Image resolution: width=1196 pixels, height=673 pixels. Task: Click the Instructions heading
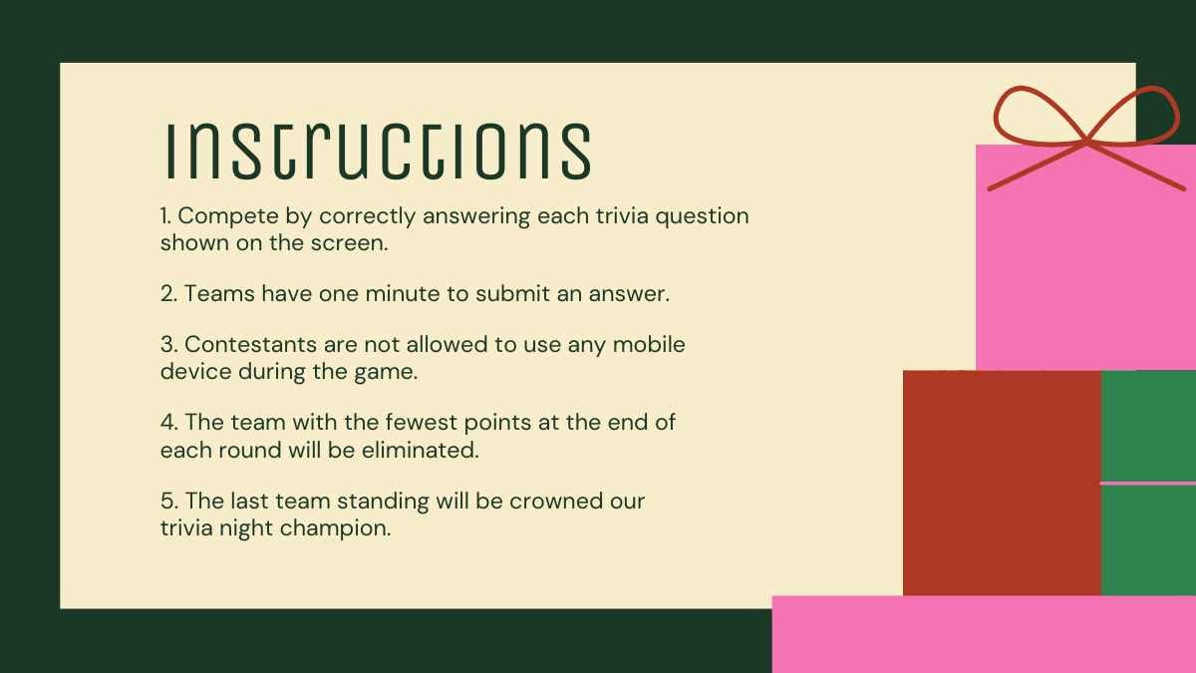pyautogui.click(x=377, y=151)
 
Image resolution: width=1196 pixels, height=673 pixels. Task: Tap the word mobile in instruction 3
pyautogui.click(x=649, y=344)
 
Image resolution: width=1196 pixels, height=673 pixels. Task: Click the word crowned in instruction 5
pyautogui.click(x=558, y=500)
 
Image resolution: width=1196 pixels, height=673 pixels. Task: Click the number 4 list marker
pyautogui.click(x=167, y=422)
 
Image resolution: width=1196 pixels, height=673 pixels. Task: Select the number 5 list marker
pyautogui.click(x=167, y=500)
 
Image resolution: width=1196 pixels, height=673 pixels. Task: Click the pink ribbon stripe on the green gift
pyautogui.click(x=1147, y=483)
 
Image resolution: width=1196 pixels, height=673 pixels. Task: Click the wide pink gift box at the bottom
pyautogui.click(x=983, y=634)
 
